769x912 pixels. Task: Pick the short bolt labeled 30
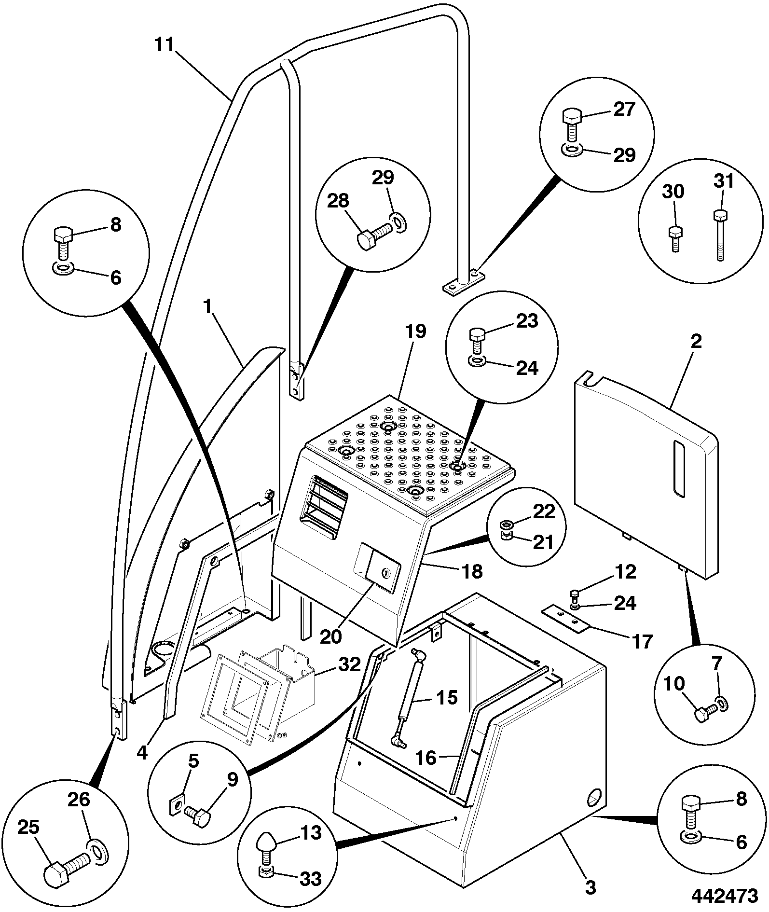click(675, 239)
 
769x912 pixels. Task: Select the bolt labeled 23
click(477, 341)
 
